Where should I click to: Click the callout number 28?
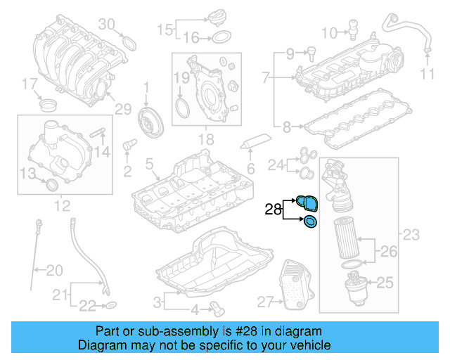point(273,209)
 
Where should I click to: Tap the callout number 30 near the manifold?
point(105,24)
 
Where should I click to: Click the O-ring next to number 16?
point(220,37)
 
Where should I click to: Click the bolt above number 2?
point(129,146)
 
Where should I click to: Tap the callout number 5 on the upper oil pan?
point(148,165)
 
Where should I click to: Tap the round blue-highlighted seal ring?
point(309,223)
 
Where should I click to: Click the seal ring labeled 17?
point(49,106)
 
